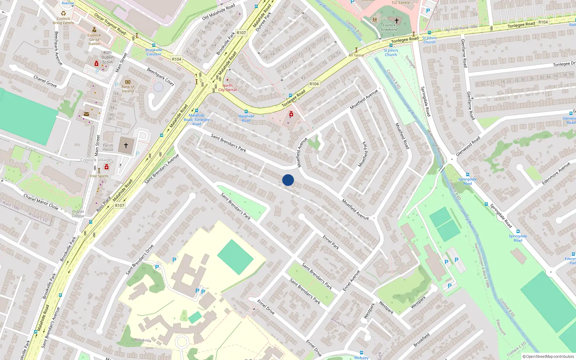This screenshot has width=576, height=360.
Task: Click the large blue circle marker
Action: (x=288, y=180)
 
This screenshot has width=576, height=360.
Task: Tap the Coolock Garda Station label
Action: (x=94, y=40)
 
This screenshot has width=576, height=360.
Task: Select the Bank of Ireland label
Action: (x=128, y=89)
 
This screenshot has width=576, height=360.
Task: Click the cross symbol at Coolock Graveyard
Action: (x=397, y=21)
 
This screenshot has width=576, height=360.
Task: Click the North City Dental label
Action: (x=228, y=87)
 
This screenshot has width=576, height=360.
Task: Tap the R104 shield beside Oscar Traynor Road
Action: (x=176, y=59)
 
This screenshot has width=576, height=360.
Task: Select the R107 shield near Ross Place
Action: (x=120, y=206)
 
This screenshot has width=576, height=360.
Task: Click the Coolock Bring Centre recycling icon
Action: (x=63, y=13)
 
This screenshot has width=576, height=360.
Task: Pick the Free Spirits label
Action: (x=99, y=176)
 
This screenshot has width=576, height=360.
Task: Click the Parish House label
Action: (x=108, y=147)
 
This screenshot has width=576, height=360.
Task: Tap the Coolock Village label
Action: (x=96, y=160)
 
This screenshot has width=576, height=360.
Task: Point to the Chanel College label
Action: (x=78, y=214)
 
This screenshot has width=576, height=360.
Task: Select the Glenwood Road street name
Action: (x=468, y=146)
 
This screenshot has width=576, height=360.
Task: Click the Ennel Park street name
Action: (x=331, y=242)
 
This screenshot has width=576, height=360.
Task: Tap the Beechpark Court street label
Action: (x=161, y=77)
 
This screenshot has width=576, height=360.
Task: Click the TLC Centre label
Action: (x=401, y=3)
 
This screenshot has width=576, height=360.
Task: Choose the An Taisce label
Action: (x=356, y=55)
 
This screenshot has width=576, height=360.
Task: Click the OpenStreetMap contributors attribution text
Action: (x=550, y=356)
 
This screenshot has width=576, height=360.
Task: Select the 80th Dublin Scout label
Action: (x=107, y=57)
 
